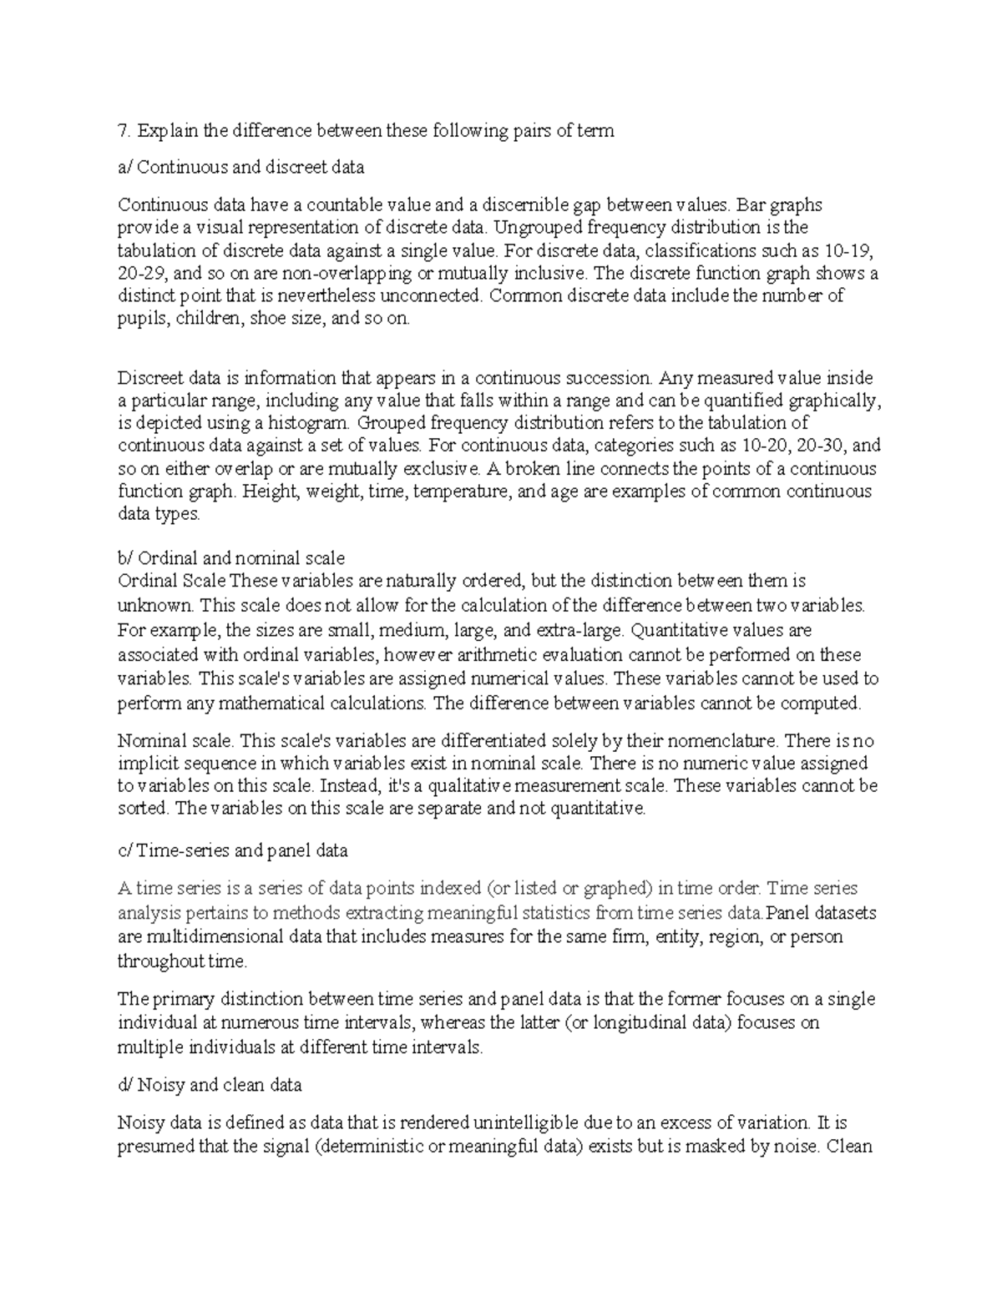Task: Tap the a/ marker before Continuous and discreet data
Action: [x=125, y=167]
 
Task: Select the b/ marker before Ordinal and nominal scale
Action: [x=125, y=557]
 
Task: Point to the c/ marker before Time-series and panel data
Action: [x=125, y=850]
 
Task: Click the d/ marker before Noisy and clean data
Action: [x=125, y=1085]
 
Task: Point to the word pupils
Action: [x=142, y=319]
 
